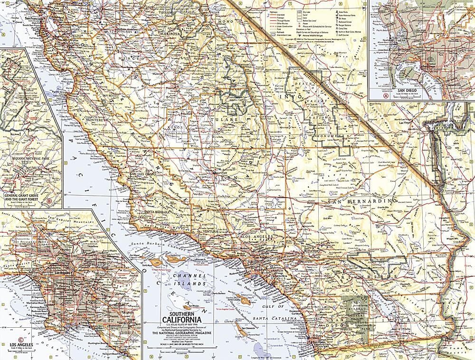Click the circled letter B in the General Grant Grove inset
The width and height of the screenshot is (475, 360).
pos(50,201)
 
